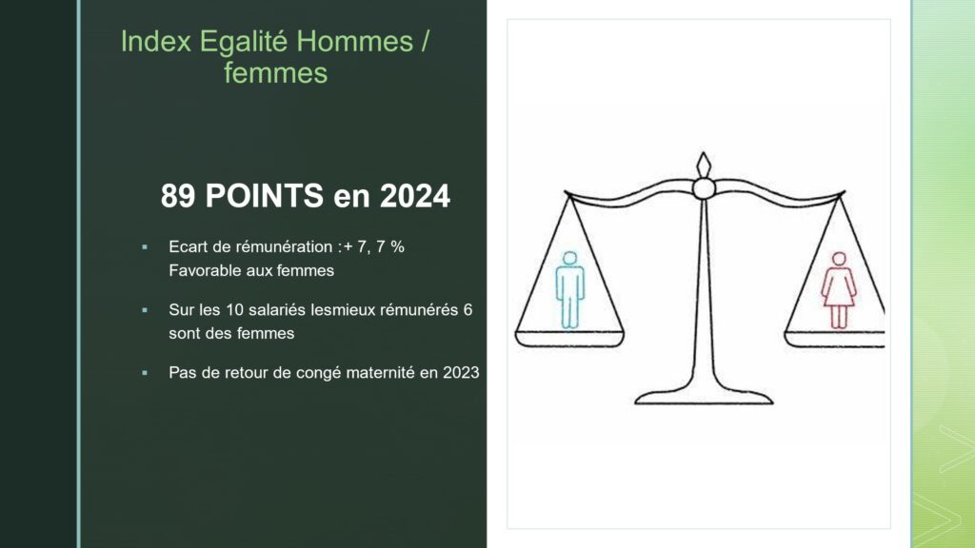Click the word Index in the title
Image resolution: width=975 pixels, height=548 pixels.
tap(156, 42)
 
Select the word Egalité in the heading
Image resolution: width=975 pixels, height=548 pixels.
tap(244, 43)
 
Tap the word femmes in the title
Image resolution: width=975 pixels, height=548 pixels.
tap(275, 73)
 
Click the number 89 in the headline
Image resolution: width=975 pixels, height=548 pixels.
tap(178, 196)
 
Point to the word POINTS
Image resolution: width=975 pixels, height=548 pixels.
tap(265, 196)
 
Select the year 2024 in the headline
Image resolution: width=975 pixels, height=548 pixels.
tap(415, 196)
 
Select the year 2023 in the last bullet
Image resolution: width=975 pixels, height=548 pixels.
tap(461, 372)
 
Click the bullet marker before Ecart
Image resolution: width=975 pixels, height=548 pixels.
tap(145, 247)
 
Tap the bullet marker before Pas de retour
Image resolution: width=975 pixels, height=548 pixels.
tap(145, 373)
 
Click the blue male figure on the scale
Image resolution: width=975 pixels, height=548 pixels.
tap(569, 289)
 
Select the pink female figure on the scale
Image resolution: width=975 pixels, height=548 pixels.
tap(839, 290)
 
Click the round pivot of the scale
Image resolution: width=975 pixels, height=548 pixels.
tap(704, 188)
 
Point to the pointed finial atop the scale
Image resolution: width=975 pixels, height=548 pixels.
tap(704, 165)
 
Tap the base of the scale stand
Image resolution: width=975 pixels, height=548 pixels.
tap(704, 398)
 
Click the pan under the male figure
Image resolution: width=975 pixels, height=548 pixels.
tap(569, 340)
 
